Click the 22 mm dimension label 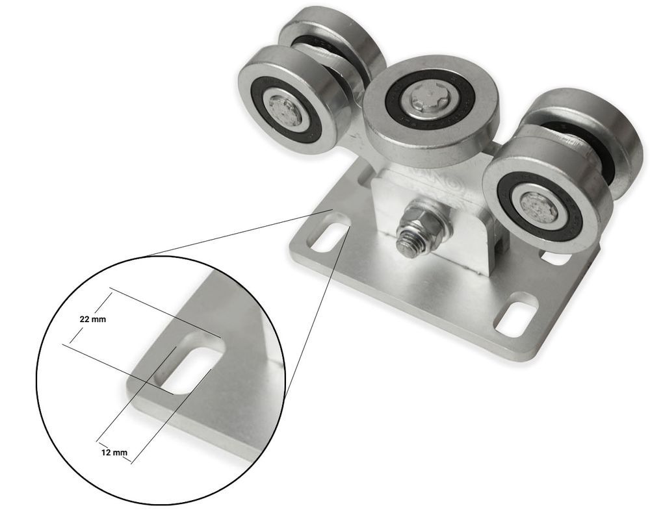92,320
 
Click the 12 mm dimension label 114,452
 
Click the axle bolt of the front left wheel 285,110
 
